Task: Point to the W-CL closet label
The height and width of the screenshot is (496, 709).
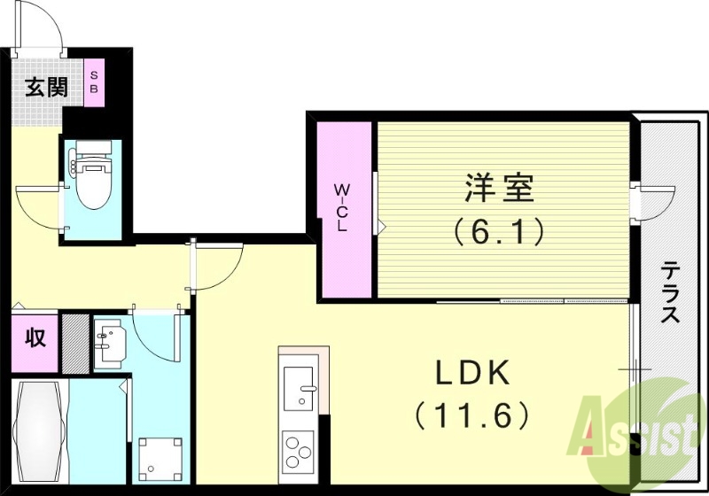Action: tap(340, 206)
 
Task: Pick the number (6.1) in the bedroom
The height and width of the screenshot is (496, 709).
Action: tap(498, 232)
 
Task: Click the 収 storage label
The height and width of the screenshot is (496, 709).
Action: tap(35, 337)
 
